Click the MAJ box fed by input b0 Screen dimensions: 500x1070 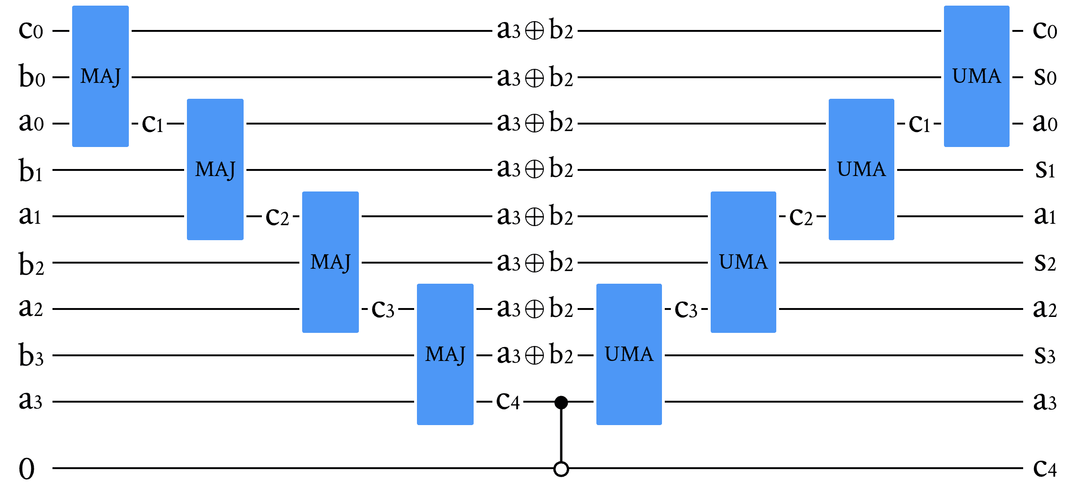point(100,76)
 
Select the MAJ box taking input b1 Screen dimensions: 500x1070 point(215,169)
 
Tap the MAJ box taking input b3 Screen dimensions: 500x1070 point(445,354)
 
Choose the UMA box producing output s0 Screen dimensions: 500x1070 point(976,76)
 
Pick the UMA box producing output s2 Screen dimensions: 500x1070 point(743,262)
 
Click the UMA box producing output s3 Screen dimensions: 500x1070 point(629,354)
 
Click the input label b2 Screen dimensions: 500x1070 point(31,264)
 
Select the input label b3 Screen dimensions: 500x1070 point(31,356)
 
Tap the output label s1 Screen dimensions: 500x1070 point(1045,169)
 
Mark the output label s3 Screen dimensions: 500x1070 point(1045,355)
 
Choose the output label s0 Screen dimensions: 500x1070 point(1045,76)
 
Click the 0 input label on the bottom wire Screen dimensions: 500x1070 point(27,469)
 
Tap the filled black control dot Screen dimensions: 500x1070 point(561,402)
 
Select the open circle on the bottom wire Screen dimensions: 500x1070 point(561,469)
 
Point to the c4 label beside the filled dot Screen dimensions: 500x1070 point(508,401)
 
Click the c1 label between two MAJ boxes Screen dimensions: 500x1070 point(153,124)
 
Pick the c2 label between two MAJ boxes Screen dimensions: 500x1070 point(277,217)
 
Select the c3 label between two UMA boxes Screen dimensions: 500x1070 point(686,309)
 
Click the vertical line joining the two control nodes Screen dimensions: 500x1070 point(561,435)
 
